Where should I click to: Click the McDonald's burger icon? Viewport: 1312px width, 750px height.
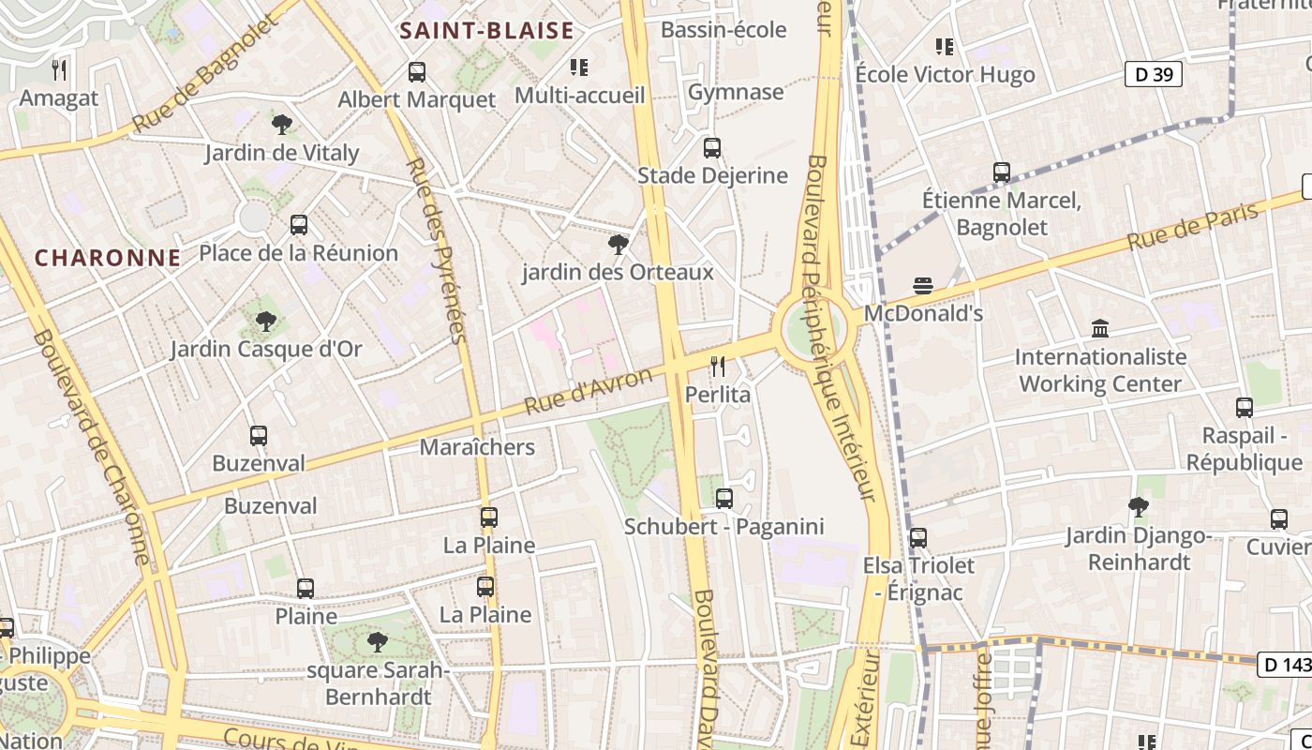[x=922, y=286]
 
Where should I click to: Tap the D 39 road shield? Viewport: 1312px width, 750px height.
[x=1153, y=75]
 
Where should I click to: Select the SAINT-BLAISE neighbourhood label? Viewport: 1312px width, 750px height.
[x=486, y=31]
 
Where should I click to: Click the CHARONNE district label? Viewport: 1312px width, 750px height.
[x=108, y=258]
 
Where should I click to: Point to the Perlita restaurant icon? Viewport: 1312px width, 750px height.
[x=718, y=367]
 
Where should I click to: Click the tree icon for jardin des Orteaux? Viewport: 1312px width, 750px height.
[x=618, y=245]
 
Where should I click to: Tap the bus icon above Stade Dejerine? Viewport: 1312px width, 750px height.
[x=712, y=148]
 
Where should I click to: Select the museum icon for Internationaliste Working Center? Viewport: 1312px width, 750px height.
[x=1100, y=329]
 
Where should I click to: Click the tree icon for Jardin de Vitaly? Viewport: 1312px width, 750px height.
[x=281, y=125]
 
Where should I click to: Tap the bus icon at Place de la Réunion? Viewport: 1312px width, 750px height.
[x=299, y=225]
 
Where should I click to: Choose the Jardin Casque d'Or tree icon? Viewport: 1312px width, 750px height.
[x=266, y=322]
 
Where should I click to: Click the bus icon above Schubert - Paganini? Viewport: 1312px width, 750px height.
[x=723, y=499]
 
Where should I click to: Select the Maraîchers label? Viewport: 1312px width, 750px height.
[x=477, y=447]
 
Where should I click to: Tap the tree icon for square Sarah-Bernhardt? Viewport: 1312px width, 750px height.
[x=378, y=642]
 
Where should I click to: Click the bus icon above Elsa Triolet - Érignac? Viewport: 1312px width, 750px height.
[x=918, y=538]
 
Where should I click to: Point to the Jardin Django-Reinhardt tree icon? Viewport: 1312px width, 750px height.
[x=1139, y=507]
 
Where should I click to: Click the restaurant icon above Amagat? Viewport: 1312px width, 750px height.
[x=58, y=69]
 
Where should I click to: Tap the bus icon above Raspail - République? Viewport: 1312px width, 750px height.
[x=1245, y=408]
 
